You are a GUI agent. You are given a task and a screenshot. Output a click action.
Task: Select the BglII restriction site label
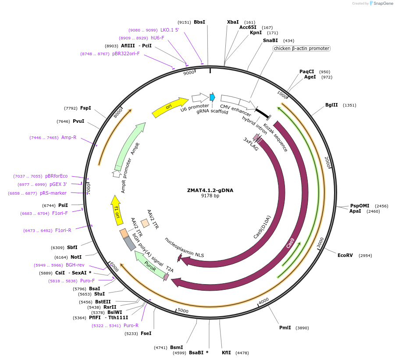331,105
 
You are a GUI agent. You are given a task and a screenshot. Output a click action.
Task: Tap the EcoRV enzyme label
345,255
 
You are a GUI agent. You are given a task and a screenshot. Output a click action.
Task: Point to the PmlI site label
285,328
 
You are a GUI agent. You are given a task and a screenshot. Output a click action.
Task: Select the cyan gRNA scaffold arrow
213,97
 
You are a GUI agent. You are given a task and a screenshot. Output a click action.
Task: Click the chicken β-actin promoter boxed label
302,48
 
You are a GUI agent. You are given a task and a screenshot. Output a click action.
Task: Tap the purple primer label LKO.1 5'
170,30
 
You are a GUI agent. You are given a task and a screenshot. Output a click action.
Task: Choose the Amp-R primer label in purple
69,138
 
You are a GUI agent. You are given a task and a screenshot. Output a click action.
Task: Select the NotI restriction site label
76,257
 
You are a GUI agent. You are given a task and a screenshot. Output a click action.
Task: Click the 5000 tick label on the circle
183,311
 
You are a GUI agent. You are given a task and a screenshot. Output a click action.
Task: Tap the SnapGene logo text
383,4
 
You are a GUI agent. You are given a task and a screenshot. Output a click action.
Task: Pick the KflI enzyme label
226,353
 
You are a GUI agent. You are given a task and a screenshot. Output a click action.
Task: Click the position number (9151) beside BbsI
184,22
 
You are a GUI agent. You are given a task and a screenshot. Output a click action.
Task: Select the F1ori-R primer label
64,230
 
